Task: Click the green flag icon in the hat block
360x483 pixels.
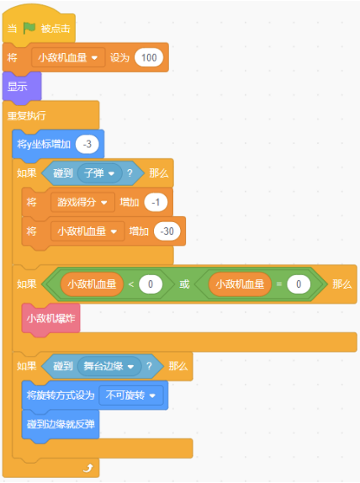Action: [x=29, y=28]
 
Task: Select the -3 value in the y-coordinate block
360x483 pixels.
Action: [x=87, y=145]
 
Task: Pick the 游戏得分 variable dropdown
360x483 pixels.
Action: [x=82, y=203]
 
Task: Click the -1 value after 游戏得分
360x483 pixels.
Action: [x=155, y=203]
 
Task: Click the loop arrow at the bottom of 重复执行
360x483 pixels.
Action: [x=87, y=465]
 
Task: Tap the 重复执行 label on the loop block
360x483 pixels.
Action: [x=27, y=115]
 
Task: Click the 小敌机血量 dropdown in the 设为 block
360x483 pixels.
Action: [x=68, y=58]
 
